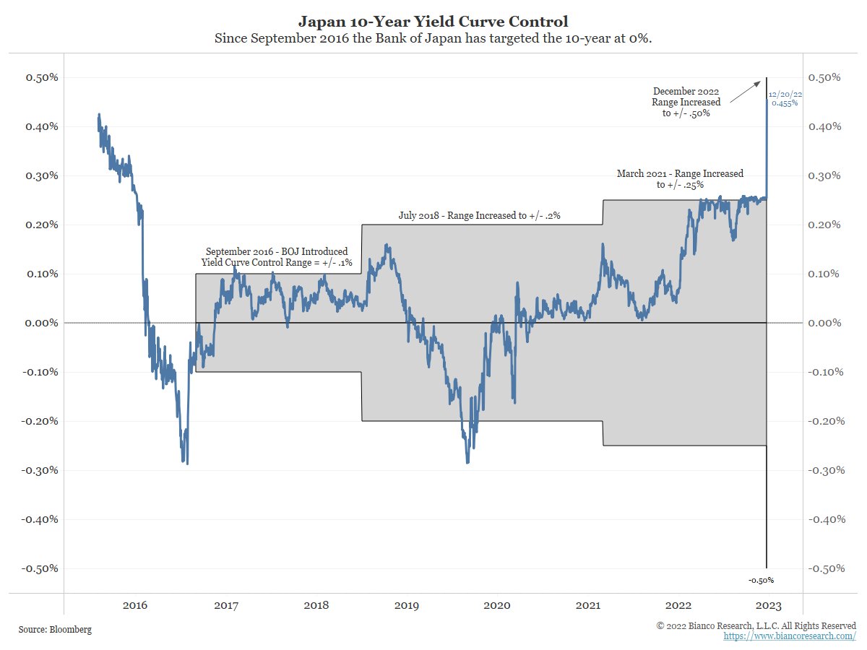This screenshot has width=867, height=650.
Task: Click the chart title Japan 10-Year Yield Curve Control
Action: coord(433,22)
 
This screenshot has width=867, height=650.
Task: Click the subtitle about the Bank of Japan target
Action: coord(433,38)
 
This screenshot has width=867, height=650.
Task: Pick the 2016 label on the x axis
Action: coord(135,605)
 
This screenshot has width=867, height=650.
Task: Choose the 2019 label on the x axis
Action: coord(407,605)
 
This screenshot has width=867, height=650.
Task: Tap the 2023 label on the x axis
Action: coord(765,605)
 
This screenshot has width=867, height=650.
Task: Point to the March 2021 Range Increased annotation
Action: coord(680,179)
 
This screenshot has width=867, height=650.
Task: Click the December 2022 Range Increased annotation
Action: coord(686,103)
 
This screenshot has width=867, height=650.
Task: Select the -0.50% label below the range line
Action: coord(762,580)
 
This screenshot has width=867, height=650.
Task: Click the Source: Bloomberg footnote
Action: coord(55,630)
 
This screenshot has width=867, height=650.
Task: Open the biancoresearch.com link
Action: coord(790,636)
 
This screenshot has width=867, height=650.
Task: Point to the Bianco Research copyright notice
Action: coord(756,625)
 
